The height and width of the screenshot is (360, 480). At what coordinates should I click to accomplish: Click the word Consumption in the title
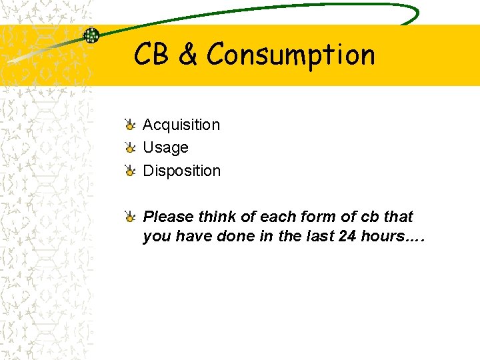(291, 55)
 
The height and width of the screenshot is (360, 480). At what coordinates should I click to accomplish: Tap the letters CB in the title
(151, 55)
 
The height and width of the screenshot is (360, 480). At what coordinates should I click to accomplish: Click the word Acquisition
(181, 125)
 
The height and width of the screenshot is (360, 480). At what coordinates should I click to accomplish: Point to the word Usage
(165, 147)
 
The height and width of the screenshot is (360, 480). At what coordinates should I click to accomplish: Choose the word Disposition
(181, 171)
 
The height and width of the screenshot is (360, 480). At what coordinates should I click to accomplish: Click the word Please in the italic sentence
(166, 217)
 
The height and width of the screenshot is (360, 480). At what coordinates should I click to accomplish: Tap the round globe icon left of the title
(91, 35)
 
